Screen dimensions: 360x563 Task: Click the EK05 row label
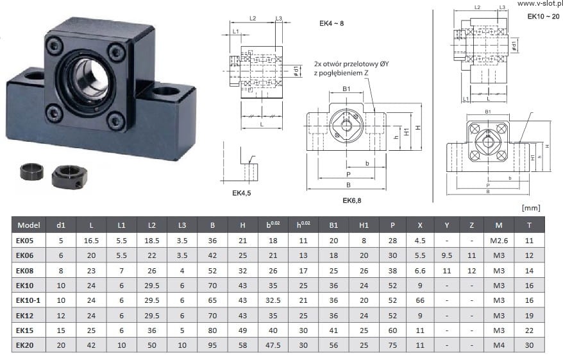tap(25, 240)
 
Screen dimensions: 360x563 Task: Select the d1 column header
tap(61, 225)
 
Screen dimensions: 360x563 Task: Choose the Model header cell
tap(29, 225)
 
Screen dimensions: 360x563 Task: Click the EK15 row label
tap(25, 330)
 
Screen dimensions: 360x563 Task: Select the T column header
tap(529, 225)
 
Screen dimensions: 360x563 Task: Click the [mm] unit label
tap(532, 207)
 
